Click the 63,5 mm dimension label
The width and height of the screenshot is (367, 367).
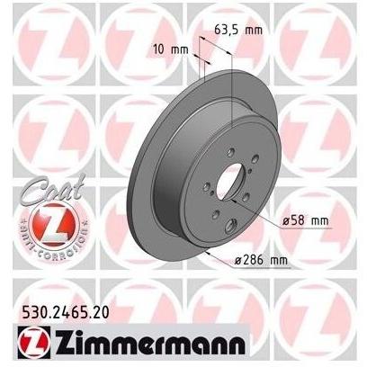(x=238, y=30)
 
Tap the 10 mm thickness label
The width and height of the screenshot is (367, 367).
(x=170, y=49)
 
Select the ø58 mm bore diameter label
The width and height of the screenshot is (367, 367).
(x=305, y=220)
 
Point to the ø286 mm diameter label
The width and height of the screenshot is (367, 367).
(x=261, y=260)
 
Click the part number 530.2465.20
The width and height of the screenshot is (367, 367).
(x=66, y=313)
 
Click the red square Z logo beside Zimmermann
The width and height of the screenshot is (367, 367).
(x=33, y=342)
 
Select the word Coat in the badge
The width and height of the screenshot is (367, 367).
(x=52, y=189)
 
